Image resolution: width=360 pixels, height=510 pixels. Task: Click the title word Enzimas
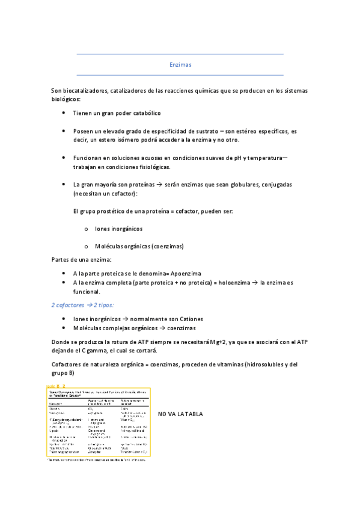point(180,64)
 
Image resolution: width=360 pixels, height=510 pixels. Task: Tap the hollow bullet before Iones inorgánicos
point(87,229)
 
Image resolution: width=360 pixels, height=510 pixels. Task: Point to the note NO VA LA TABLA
point(180,414)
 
